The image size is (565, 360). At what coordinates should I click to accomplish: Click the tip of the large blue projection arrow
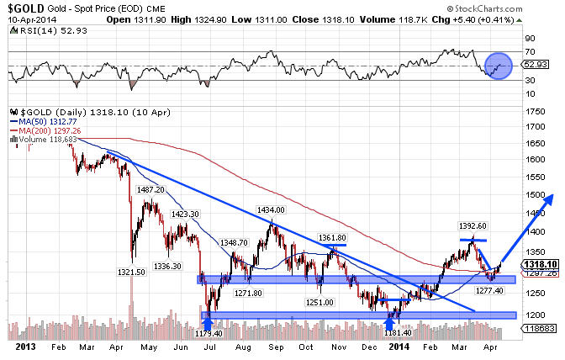click(556, 196)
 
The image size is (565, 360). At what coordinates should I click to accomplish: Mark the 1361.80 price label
click(331, 238)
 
